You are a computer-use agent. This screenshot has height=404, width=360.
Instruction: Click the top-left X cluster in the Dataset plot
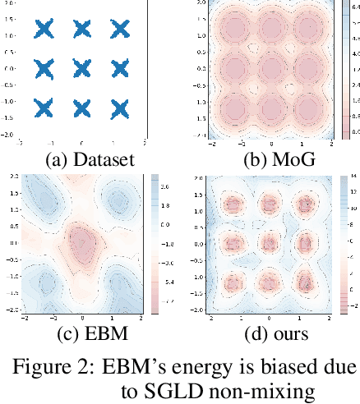tap(44, 30)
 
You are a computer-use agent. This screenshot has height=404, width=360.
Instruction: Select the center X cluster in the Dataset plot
tap(82, 68)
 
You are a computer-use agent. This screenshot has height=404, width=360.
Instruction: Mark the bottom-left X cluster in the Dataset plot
tap(44, 107)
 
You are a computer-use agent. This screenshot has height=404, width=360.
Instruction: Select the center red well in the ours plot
tap(270, 242)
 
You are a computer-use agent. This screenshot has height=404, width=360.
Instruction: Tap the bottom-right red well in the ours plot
tap(307, 282)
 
